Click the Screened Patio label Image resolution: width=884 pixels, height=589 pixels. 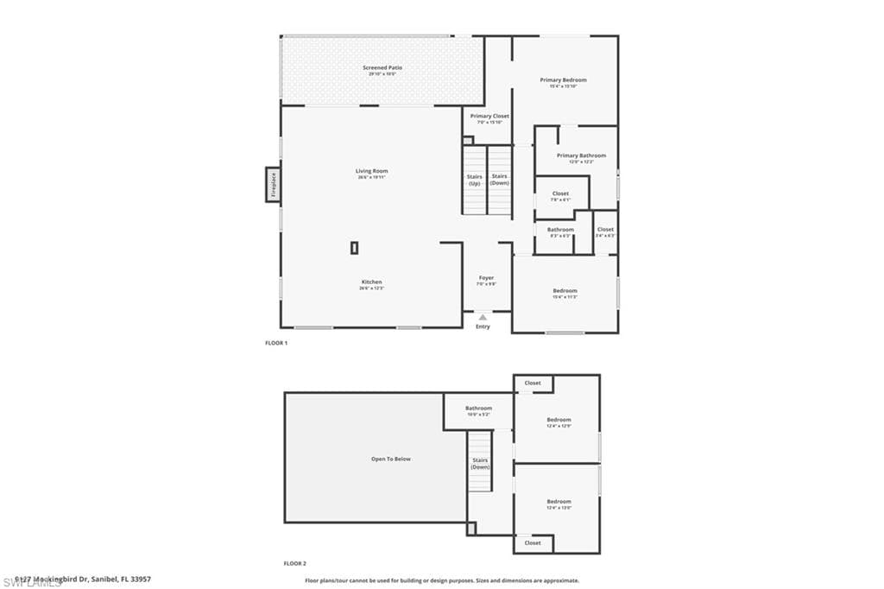[x=382, y=67]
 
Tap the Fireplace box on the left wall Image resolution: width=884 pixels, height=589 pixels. [x=272, y=185]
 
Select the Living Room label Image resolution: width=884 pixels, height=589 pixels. [x=371, y=171]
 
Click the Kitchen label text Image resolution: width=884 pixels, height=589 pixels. [x=371, y=282]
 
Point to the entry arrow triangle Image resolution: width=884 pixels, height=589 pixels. [x=483, y=318]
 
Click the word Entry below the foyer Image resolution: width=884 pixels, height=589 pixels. [x=483, y=326]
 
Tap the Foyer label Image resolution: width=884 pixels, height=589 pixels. [x=487, y=278]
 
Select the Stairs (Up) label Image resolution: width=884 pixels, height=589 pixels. [x=475, y=180]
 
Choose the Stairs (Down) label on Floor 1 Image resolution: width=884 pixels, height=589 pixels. [x=500, y=180]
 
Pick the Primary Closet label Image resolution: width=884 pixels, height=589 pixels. [x=489, y=116]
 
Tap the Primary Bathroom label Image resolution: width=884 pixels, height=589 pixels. [x=581, y=155]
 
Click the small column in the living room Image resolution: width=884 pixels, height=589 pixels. [x=354, y=248]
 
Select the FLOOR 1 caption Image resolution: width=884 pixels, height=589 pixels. [x=275, y=343]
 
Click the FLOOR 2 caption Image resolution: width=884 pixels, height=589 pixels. [x=295, y=563]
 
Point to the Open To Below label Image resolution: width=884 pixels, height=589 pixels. [x=390, y=459]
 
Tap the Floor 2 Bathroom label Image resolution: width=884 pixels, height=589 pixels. [x=478, y=408]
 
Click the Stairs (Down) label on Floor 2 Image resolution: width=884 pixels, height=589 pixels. [x=480, y=463]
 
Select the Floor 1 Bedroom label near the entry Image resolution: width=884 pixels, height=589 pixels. [x=565, y=291]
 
